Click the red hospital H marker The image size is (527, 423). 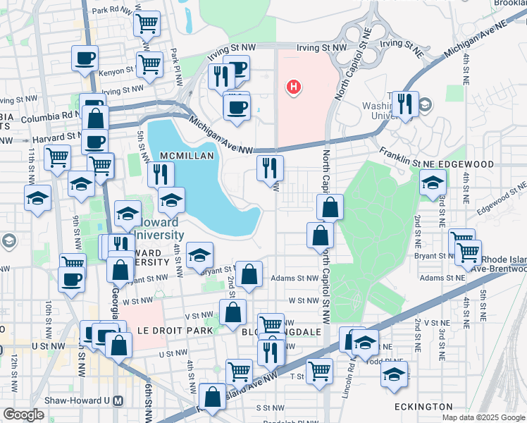click(x=294, y=87)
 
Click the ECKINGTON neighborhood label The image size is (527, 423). click(x=423, y=407)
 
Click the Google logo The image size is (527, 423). click(x=23, y=415)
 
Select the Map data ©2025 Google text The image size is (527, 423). click(x=483, y=417)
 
